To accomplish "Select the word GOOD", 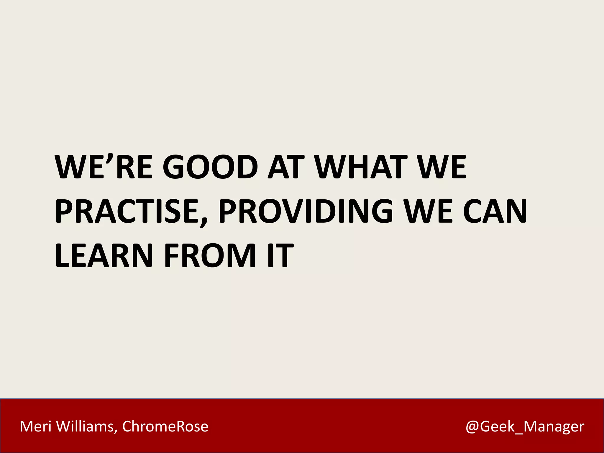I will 210,167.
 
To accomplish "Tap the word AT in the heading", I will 285,167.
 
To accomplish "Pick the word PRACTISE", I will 127,211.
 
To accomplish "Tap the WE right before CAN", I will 428,211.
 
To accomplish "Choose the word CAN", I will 495,211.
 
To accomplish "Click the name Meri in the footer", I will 35,426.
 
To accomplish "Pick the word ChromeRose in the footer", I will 165,426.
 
